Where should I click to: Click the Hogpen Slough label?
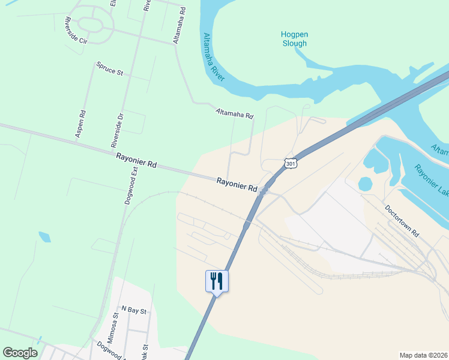[294, 39]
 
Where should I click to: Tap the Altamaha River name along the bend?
[214, 58]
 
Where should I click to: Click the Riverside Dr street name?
[118, 130]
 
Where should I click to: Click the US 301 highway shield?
[291, 163]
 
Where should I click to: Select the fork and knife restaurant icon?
[217, 280]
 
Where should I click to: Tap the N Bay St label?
[134, 310]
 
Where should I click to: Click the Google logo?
[20, 352]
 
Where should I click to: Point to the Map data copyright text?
[423, 355]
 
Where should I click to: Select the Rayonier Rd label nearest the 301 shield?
[237, 184]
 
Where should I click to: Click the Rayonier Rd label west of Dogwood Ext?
[136, 160]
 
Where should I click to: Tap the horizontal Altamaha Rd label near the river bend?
[234, 113]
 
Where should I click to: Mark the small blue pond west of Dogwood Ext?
[44, 236]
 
